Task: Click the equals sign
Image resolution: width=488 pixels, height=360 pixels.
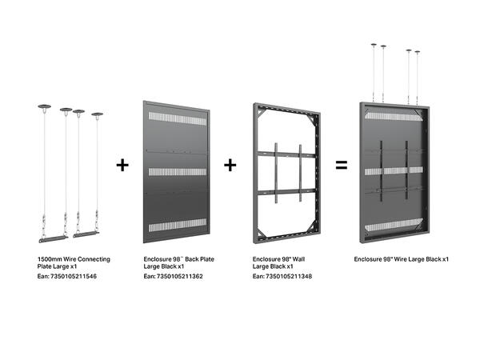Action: coord(341,166)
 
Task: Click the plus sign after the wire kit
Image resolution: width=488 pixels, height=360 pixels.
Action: coord(122,166)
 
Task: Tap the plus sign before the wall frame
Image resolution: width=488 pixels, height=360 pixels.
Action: coord(230,166)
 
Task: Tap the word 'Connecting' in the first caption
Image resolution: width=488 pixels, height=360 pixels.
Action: coord(97,260)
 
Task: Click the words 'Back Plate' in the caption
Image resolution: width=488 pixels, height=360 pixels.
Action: coord(196,260)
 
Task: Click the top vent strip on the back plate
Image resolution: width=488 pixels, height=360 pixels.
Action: coord(178,118)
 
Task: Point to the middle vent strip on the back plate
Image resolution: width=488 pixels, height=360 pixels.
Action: coord(178,173)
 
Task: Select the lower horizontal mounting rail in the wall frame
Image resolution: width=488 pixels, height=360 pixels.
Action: coord(286,190)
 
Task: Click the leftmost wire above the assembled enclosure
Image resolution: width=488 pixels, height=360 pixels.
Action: coord(373,72)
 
